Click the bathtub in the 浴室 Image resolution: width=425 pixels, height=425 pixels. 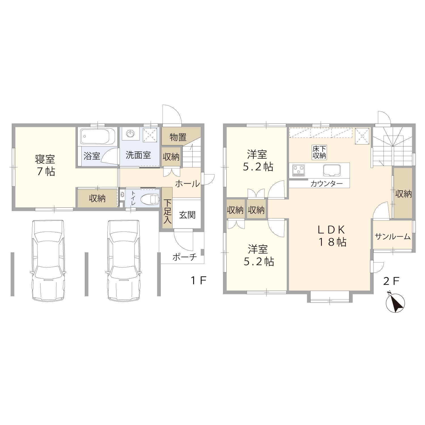point(98,137)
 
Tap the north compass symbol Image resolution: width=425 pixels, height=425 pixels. point(396,303)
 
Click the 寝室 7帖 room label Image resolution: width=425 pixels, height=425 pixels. point(45,165)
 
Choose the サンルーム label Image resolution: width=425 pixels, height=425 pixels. point(393,236)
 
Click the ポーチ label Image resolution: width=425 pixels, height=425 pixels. point(184,257)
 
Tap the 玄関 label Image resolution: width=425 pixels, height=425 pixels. point(187,215)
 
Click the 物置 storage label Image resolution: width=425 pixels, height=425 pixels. point(178,137)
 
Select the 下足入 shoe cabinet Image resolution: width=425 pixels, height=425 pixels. point(167,208)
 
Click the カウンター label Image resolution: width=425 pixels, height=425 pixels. point(326,184)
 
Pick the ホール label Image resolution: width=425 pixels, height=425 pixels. point(187,184)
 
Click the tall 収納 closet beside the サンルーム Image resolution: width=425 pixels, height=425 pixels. point(403,193)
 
